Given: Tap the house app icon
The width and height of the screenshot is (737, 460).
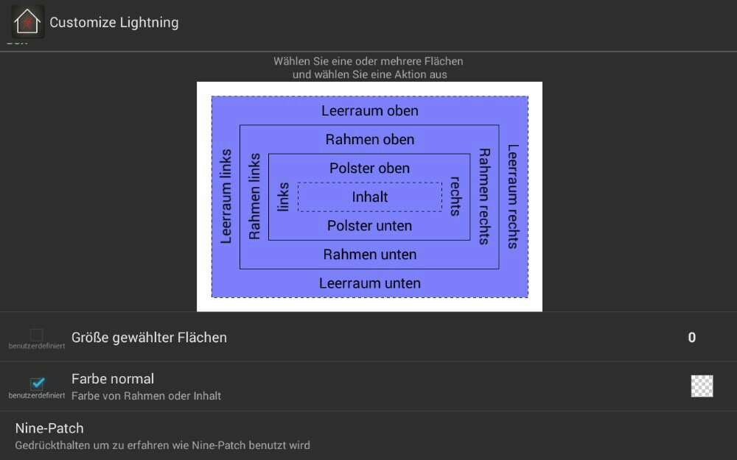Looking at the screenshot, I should tap(28, 22).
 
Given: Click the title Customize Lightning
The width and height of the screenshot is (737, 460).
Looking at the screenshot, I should tap(113, 23).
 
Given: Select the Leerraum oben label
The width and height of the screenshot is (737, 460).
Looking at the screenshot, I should tap(370, 111).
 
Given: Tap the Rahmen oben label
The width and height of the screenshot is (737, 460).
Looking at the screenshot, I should tap(370, 140).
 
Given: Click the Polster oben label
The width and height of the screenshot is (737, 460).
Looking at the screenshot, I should tap(369, 169).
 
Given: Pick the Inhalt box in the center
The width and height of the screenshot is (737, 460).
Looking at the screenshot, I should tap(370, 197).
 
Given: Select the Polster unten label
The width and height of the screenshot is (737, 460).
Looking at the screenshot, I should tap(369, 226).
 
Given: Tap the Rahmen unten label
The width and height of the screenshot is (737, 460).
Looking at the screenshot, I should tap(370, 255).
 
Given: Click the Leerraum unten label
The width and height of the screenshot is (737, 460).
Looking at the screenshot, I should tap(370, 283).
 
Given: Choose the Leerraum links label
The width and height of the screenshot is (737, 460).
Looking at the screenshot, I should tap(226, 197).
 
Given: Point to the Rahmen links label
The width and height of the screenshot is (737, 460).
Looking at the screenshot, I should tap(255, 197).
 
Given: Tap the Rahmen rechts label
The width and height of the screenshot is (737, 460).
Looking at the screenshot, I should tap(484, 197).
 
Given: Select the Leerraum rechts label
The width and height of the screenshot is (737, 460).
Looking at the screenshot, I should tap(513, 197).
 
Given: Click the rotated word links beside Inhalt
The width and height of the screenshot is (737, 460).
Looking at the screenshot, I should tap(283, 197).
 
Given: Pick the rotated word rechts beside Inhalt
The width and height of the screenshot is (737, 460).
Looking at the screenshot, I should tap(455, 197).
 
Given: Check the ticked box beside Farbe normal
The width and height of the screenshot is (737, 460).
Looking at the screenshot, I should tap(37, 383).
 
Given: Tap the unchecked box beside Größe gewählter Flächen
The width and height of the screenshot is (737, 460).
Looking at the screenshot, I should tap(36, 335).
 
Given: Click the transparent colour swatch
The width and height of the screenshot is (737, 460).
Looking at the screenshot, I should tap(702, 386).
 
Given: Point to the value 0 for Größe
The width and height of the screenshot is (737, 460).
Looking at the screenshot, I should tap(691, 338).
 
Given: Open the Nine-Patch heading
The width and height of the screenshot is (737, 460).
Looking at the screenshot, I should tap(49, 428).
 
